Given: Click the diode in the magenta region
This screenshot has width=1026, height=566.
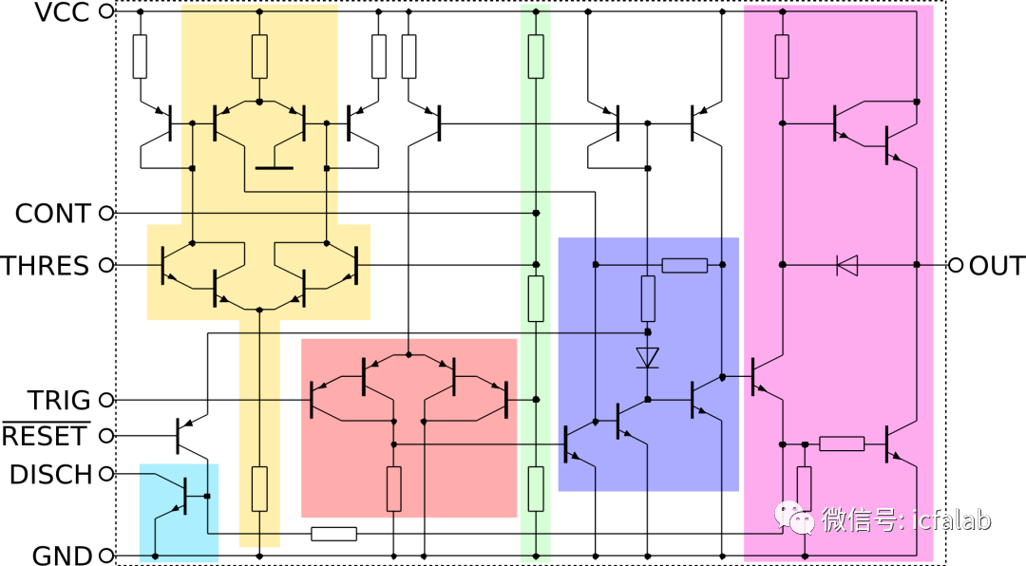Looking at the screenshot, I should coord(846,265).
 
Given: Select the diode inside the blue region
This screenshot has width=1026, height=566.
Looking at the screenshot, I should coord(648,358).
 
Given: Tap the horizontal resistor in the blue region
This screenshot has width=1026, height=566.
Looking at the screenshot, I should coord(684,265).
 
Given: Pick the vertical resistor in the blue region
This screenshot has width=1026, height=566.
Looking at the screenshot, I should coord(648,298).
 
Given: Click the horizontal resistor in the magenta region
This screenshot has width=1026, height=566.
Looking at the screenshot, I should coord(842,443).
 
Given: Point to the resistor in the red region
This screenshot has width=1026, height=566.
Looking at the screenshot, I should coord(394,488).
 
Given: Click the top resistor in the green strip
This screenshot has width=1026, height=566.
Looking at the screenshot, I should coord(536,56).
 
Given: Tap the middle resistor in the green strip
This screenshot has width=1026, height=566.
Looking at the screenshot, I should coord(536,298).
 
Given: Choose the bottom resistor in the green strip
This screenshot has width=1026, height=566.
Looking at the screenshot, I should coord(536,488).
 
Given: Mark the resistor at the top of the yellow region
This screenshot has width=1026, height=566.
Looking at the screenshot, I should coord(259,56).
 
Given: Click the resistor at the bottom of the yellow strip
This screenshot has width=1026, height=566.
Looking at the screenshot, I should coord(259,488).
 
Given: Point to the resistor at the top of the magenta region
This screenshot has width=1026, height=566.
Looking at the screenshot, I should coord(782,56).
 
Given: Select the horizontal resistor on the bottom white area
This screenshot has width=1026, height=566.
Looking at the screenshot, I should coord(334,534).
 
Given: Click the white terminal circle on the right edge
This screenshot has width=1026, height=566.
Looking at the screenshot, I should coord(956,265).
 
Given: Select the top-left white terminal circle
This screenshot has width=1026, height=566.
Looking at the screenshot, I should coord(106,11).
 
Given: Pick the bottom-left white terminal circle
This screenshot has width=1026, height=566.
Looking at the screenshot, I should coord(106,555).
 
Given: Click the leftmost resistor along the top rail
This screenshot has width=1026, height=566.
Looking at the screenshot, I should coord(141,56).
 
